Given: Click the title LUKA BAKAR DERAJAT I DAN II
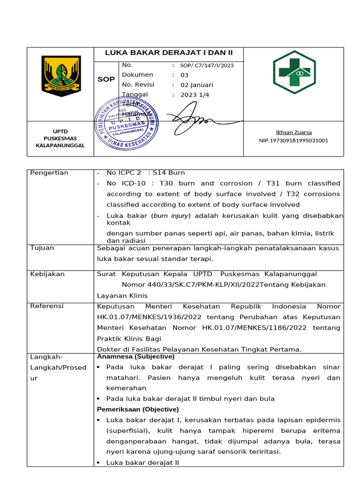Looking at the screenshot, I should tap(168, 52).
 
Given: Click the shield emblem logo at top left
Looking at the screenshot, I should tap(61, 76).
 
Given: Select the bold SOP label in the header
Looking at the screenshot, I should tap(106, 79).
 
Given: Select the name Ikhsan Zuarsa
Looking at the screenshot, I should tap(294, 132).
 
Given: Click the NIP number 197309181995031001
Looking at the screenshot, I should tap(293, 140).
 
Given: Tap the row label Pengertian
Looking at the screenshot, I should tap(49, 173).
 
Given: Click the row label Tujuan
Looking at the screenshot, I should tap(42, 248).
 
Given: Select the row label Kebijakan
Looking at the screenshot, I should tap(47, 274).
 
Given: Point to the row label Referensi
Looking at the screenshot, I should tap(46, 306).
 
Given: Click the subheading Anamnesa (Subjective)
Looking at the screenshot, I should tap(135, 357).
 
